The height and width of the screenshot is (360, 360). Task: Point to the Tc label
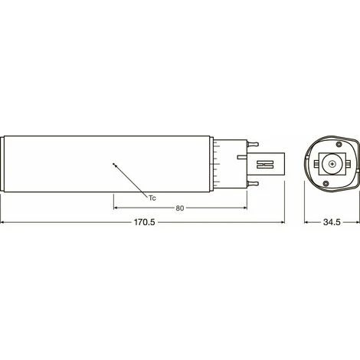pyautogui.click(x=153, y=197)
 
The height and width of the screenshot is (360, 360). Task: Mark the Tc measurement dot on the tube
pyautogui.click(x=113, y=164)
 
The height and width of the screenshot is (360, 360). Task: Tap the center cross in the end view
pyautogui.click(x=330, y=163)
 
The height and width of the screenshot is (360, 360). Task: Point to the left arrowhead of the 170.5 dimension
pyautogui.click(x=4, y=223)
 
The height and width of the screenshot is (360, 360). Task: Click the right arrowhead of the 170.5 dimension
pyautogui.click(x=283, y=223)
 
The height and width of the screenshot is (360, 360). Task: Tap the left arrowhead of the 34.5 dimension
pyautogui.click(x=306, y=223)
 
